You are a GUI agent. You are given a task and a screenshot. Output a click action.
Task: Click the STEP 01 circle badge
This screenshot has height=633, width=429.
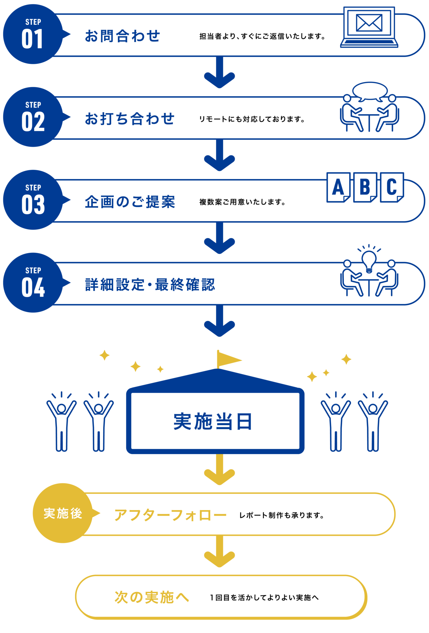click(33, 34)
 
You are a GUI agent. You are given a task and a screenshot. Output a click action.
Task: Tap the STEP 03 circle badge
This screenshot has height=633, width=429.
click(33, 200)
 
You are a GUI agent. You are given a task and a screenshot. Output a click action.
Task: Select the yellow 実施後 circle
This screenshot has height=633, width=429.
click(63, 513)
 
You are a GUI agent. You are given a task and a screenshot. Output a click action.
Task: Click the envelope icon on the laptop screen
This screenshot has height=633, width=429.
click(369, 23)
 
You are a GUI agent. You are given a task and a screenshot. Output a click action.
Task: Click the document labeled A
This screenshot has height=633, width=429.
click(338, 187)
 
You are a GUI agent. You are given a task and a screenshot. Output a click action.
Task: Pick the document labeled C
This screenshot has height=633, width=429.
click(392, 187)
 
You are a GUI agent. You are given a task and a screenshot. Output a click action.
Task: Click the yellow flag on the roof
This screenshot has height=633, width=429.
click(229, 359)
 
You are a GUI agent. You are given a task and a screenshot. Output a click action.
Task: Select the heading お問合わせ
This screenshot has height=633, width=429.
click(122, 36)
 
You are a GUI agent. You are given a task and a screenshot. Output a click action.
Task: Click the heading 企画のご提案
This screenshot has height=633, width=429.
click(130, 202)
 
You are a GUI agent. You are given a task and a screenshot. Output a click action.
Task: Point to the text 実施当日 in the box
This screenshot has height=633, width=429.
click(213, 421)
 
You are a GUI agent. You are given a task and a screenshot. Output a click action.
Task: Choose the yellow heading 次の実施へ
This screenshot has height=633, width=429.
click(152, 597)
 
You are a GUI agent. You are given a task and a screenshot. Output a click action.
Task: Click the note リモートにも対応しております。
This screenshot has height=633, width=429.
click(252, 119)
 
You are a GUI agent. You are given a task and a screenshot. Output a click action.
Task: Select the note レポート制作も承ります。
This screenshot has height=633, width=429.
click(282, 515)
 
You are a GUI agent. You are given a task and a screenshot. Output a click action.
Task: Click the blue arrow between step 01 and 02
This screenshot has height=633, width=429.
click(219, 72)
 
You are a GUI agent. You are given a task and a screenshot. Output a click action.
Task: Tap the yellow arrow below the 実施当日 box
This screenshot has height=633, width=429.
click(219, 469)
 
